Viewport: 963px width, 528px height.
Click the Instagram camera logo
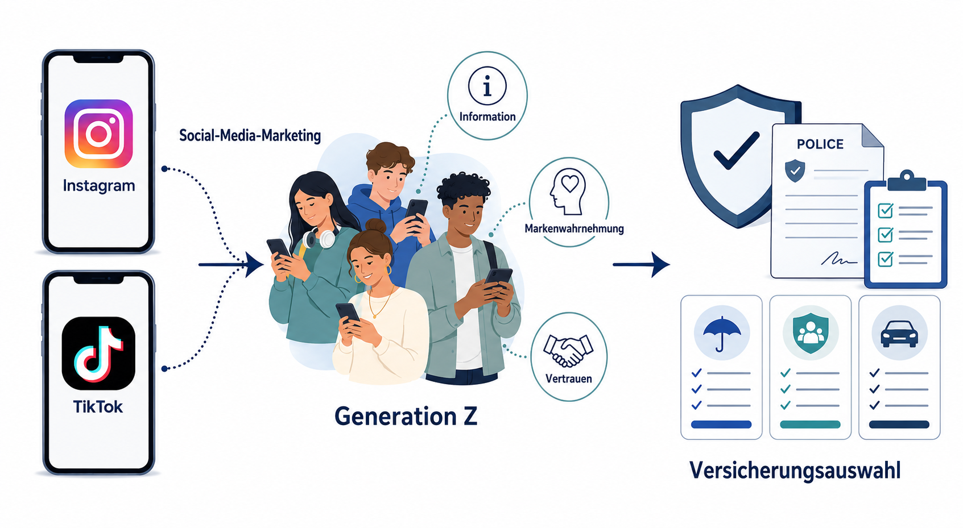tap(98, 134)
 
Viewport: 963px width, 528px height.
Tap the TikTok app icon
tap(98, 353)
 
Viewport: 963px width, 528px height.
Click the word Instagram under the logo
tap(99, 186)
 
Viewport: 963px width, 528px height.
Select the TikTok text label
tap(98, 406)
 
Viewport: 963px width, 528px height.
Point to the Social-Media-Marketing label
tap(250, 135)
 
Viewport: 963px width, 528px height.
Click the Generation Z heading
tap(406, 416)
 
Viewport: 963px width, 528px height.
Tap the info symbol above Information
tap(487, 86)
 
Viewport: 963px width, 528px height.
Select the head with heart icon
tap(568, 192)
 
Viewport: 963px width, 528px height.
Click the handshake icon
tap(568, 350)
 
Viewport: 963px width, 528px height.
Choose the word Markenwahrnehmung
tap(574, 228)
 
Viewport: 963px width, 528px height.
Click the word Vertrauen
tap(568, 379)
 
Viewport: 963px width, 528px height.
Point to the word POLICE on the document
tap(820, 144)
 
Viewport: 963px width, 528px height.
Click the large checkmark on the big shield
tap(736, 151)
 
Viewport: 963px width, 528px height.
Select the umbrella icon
tap(722, 334)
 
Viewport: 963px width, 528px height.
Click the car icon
tap(899, 334)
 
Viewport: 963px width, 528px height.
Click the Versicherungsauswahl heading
tap(795, 471)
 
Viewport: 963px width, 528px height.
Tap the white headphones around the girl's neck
tap(319, 239)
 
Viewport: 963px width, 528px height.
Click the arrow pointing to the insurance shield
tap(641, 264)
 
